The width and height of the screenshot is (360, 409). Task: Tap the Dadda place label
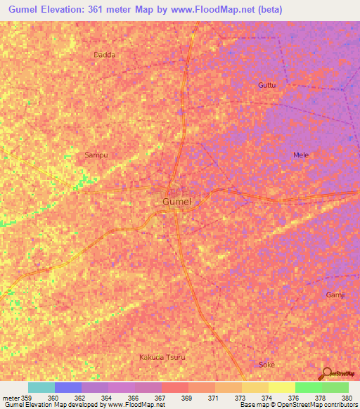pos(104,54)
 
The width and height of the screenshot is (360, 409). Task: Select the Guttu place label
pos(266,85)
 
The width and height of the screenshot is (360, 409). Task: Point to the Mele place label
pos(301,155)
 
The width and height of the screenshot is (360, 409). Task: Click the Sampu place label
pos(96,154)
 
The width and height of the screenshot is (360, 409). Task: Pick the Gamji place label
pos(335,294)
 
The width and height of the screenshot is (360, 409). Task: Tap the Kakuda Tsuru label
pos(162,357)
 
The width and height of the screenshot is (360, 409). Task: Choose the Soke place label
pos(267,365)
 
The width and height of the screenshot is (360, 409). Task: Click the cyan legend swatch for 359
pos(41,387)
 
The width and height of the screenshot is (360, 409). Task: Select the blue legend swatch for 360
pos(68,387)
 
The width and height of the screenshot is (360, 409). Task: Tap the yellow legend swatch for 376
pos(282,387)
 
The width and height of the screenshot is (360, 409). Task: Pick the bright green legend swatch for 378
pos(309,387)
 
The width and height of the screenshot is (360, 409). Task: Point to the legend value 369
pos(186,398)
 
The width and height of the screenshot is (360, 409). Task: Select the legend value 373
pos(240,398)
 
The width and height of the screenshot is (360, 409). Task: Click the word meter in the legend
pos(11,398)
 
